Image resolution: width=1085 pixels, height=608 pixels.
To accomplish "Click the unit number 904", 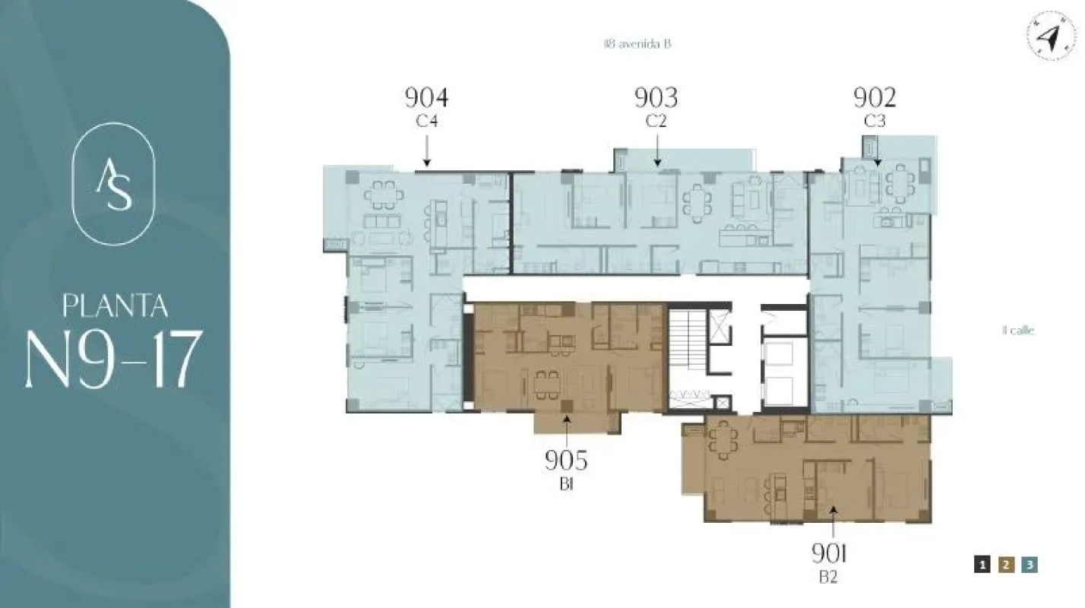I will pos(426,98).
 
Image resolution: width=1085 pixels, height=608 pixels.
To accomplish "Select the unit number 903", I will pos(656,98).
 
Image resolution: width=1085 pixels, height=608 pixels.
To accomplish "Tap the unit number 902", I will pos(875,98).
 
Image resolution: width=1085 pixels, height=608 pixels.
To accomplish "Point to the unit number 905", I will pos(566,461).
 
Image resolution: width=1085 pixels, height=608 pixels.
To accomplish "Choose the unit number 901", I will pos(829,553).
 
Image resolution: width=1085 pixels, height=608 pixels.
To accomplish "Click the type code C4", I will pos(426,121).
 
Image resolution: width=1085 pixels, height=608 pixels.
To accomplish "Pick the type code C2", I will pos(656,121).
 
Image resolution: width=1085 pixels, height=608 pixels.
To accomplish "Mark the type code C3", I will pos(875,121).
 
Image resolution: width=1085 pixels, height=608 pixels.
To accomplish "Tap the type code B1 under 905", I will pos(566,484).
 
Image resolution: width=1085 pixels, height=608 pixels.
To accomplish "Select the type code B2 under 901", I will pos(828,578).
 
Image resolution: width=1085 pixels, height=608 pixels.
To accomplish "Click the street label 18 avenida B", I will pos(637,44).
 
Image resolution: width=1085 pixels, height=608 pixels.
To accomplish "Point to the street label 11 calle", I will pos(1018,331).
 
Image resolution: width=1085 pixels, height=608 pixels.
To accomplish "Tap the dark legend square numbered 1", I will pos(982,565).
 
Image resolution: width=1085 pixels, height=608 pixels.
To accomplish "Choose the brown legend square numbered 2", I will pos(1006,565).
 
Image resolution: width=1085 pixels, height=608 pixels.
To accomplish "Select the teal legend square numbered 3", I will pos(1030,565).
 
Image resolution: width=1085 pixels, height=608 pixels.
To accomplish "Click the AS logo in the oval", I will pos(113,184).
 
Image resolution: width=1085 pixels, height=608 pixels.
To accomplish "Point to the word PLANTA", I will pos(115,306).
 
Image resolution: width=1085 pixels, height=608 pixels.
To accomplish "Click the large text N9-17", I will pos(114,359).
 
